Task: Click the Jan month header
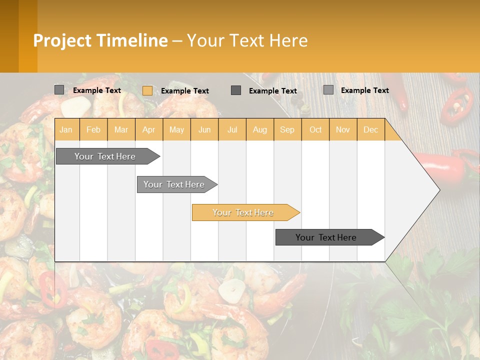click(x=66, y=130)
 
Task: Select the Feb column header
click(x=93, y=130)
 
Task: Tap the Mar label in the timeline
click(x=121, y=130)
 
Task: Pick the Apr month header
click(x=149, y=130)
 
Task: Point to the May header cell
click(x=176, y=130)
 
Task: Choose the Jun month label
click(x=204, y=130)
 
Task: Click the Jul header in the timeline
click(x=232, y=130)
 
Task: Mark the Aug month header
click(x=260, y=130)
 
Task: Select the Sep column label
click(x=287, y=130)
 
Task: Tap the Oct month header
click(x=315, y=130)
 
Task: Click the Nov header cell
click(x=343, y=130)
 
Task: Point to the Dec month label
click(x=371, y=130)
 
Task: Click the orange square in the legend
click(x=147, y=90)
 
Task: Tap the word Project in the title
click(x=62, y=40)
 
